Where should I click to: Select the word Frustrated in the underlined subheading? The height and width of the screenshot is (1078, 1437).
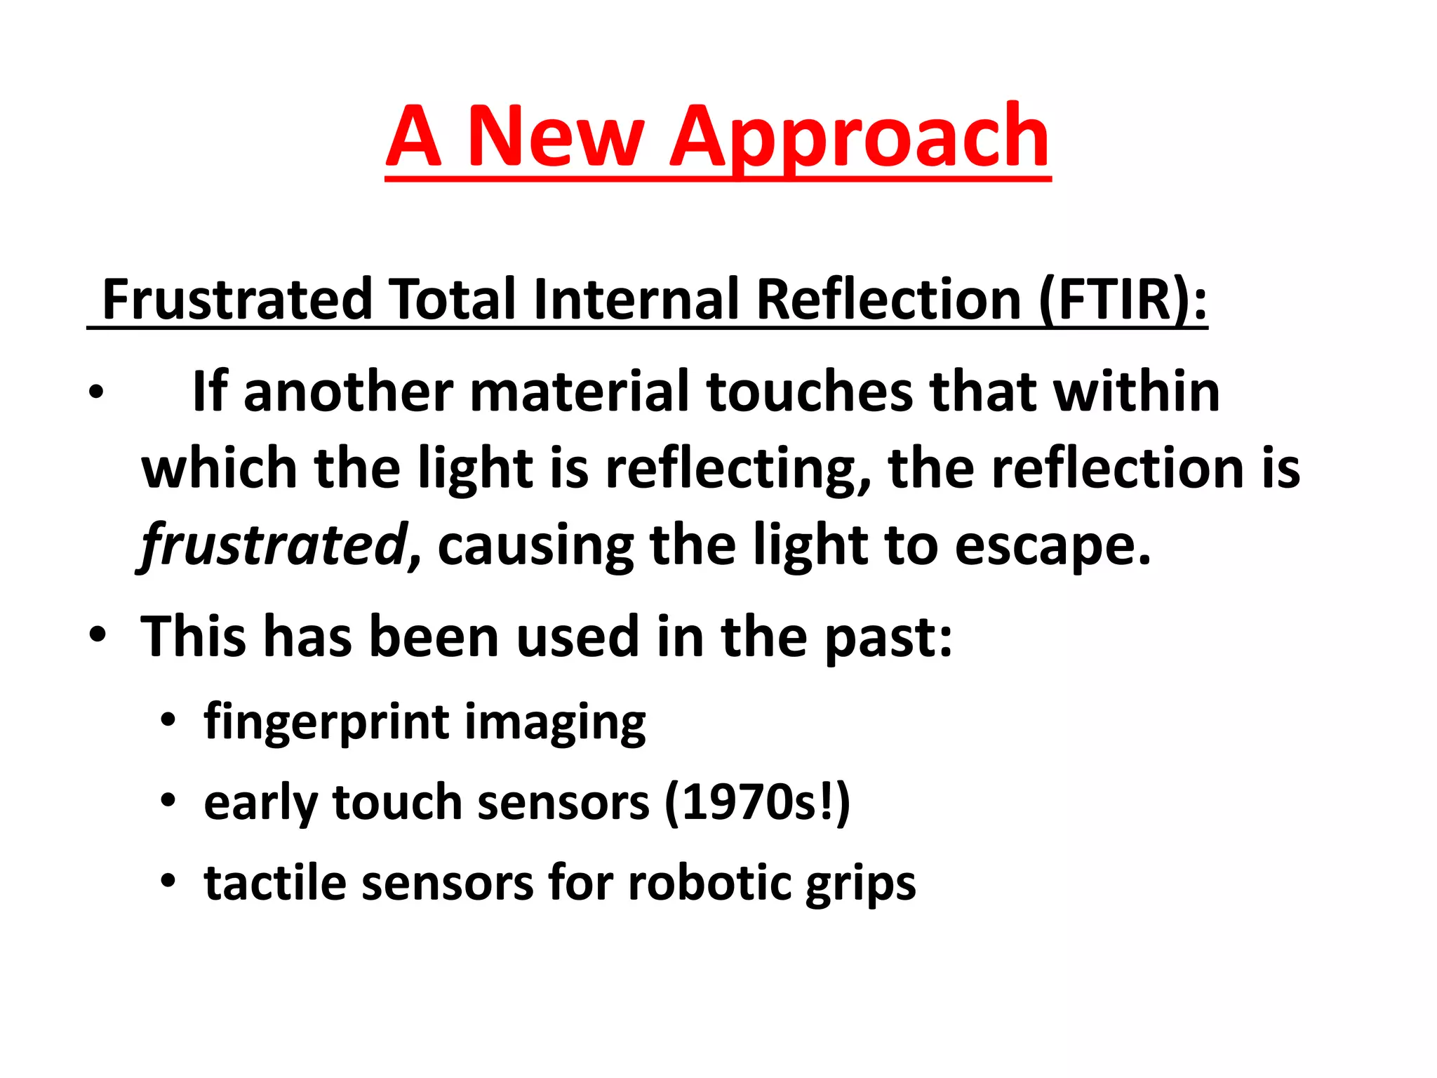point(236,300)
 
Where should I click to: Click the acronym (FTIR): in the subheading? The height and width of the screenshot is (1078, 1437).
point(1123,300)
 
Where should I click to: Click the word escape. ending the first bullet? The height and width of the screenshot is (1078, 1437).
point(1052,546)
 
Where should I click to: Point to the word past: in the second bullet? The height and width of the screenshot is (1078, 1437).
point(888,637)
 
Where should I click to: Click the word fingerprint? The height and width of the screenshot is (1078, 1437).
point(326,723)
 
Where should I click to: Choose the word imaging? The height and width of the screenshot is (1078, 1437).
point(554,723)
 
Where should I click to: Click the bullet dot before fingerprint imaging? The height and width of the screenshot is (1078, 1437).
point(167,720)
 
